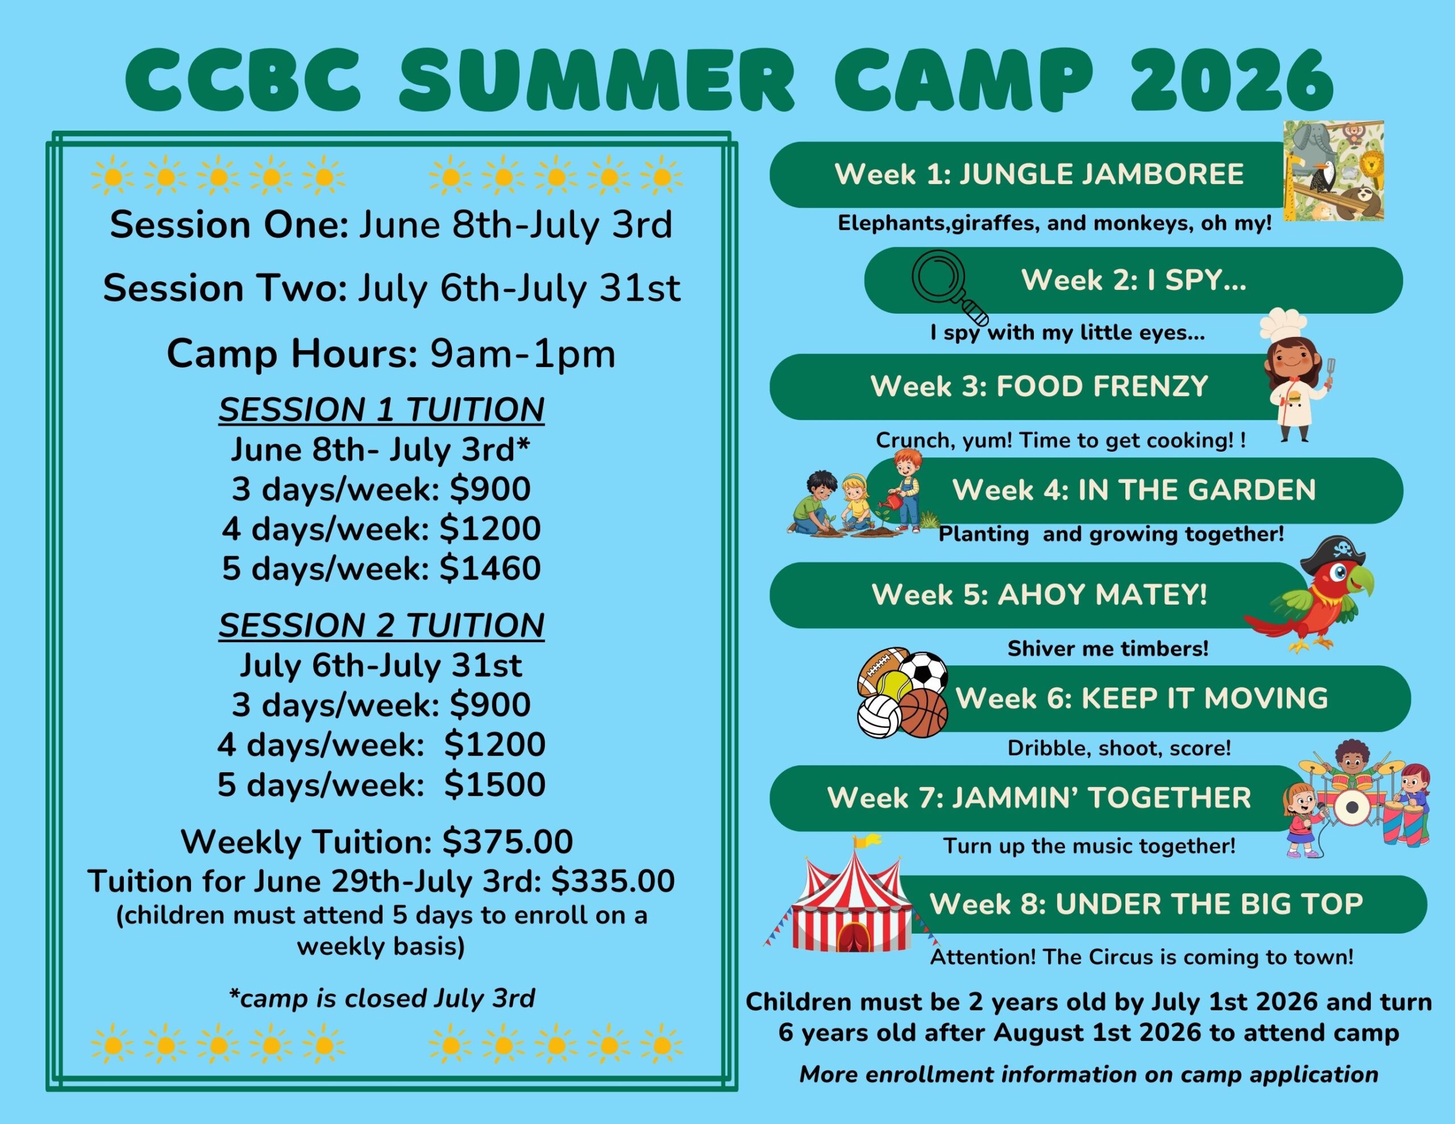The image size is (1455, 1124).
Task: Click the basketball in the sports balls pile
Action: [924, 713]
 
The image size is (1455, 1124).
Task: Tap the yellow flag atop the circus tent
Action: [867, 842]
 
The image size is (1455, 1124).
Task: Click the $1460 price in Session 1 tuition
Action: [490, 568]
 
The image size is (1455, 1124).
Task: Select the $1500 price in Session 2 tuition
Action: [495, 784]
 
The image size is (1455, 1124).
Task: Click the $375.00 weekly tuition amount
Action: [508, 842]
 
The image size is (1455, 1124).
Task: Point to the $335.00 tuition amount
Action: [613, 881]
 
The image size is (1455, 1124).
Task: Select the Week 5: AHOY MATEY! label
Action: [1040, 594]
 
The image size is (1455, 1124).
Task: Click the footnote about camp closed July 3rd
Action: [382, 998]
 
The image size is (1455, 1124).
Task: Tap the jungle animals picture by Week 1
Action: [1334, 170]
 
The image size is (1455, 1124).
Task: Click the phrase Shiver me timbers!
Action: [1108, 648]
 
